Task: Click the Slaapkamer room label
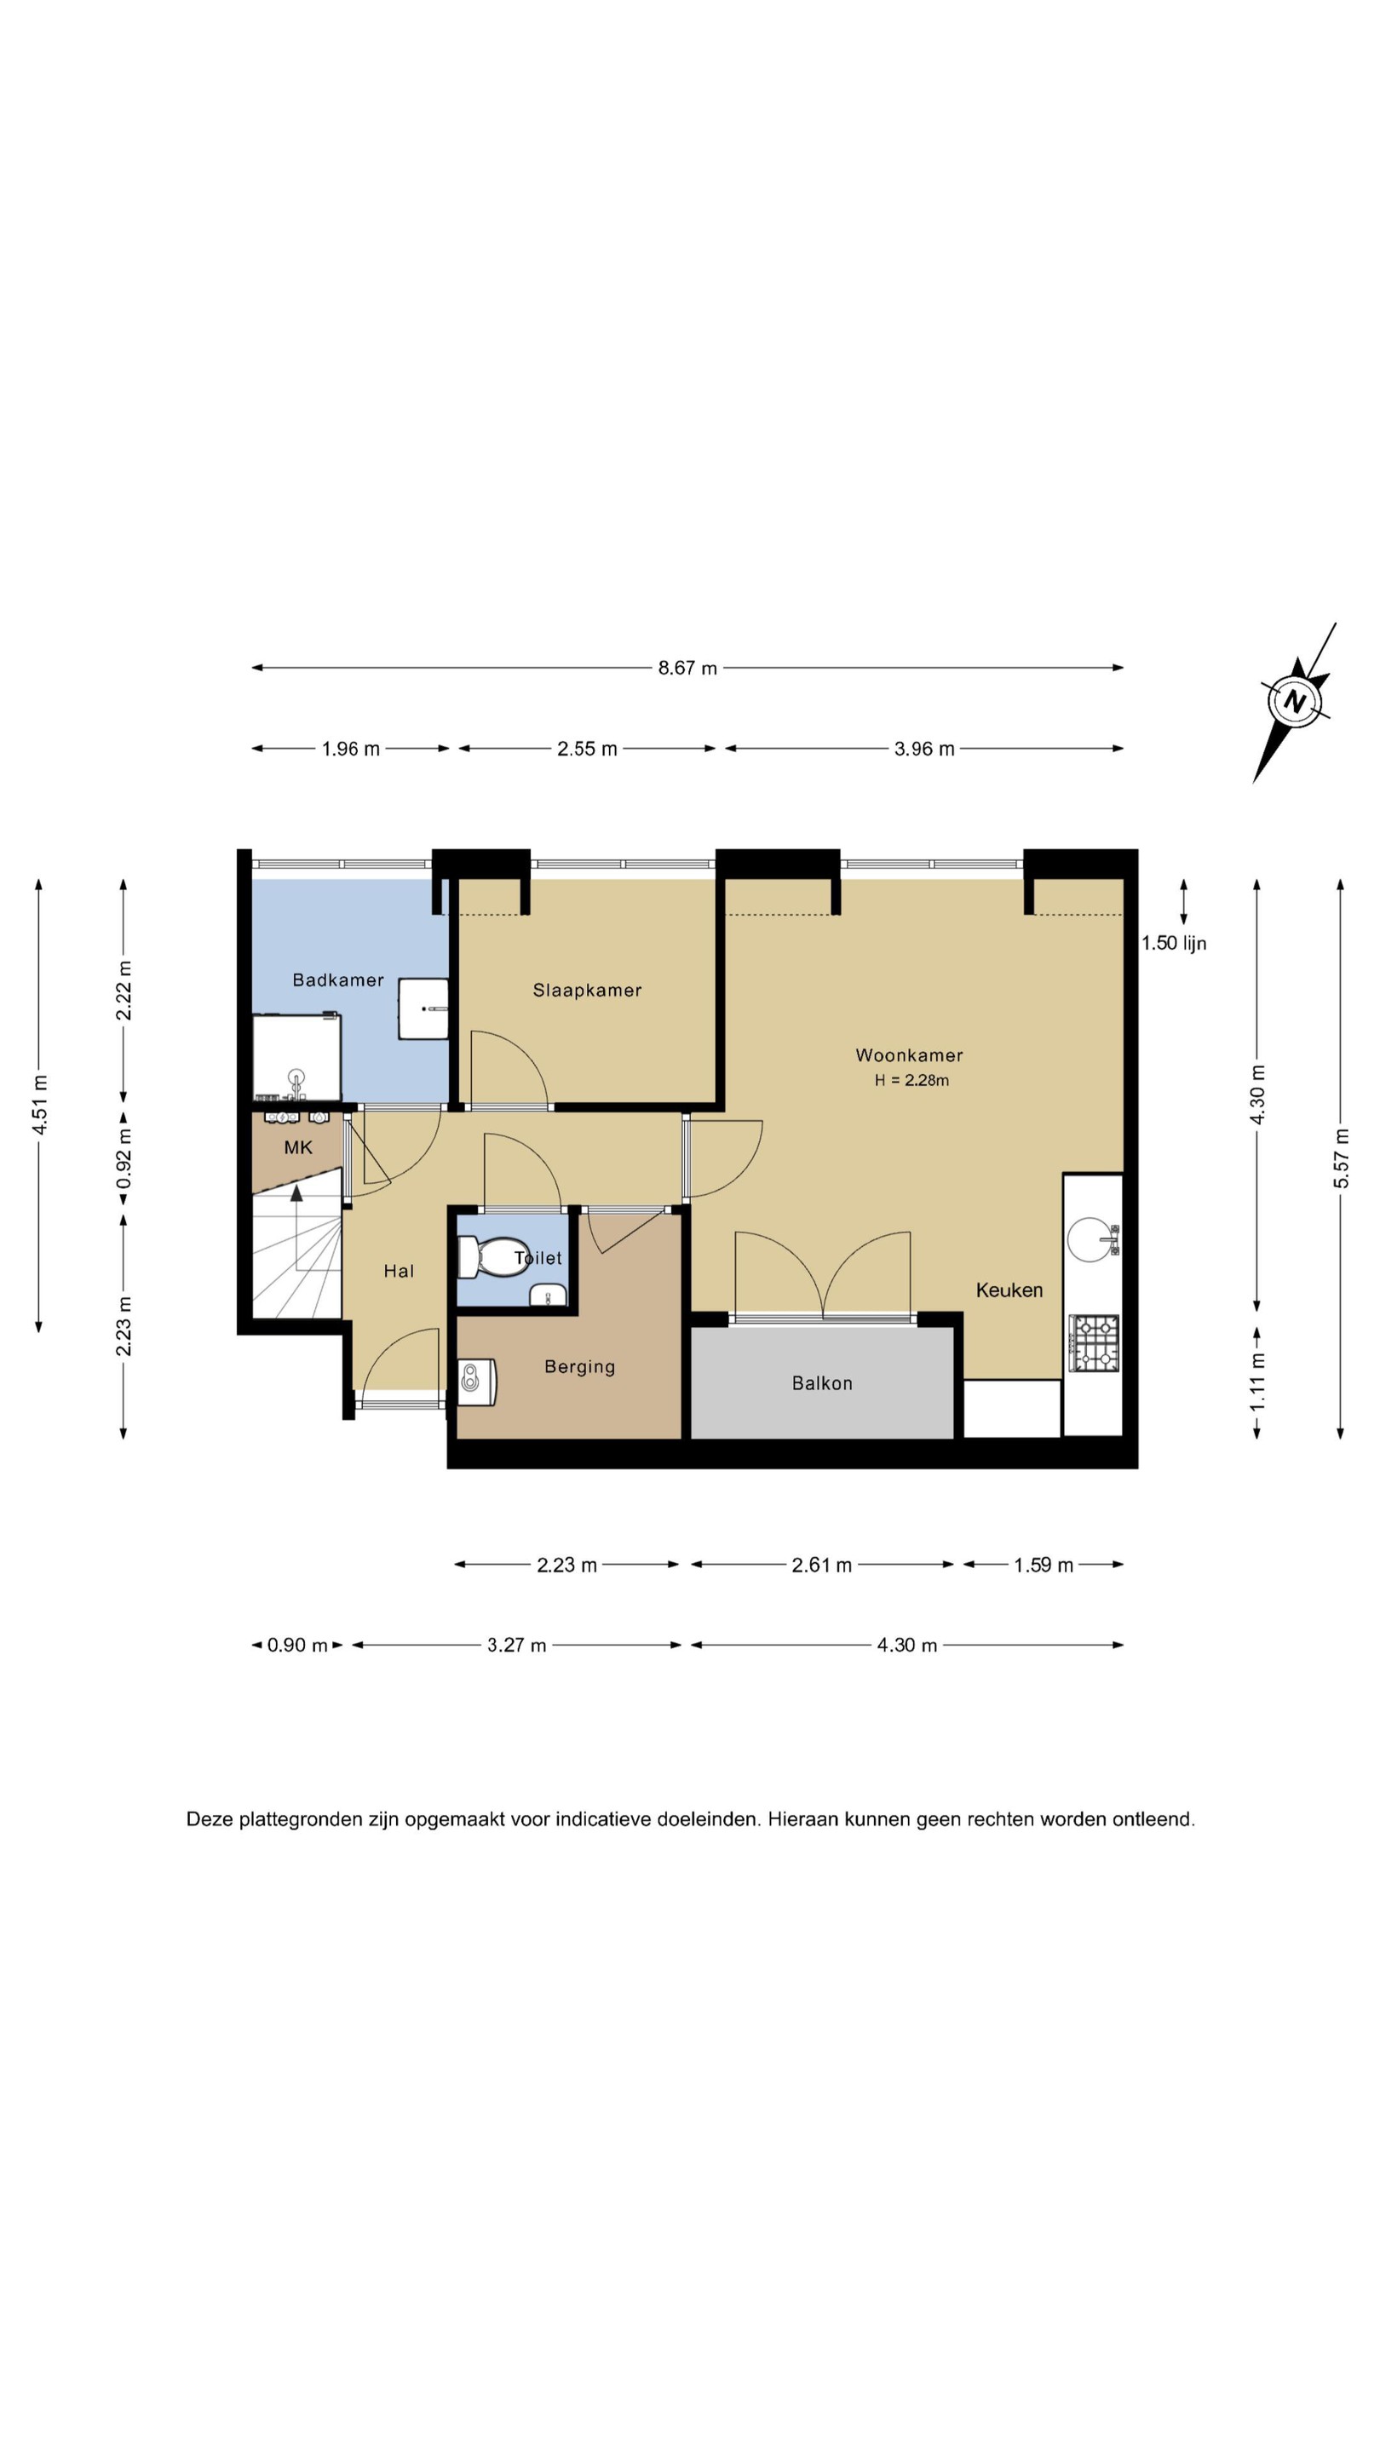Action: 587,991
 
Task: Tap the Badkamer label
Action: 338,979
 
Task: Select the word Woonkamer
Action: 909,1055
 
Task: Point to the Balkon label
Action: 822,1382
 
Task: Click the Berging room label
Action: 580,1367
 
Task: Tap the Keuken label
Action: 1009,1290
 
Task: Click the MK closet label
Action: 298,1147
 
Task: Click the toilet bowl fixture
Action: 493,1257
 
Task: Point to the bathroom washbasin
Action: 423,1008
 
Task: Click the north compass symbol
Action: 1294,703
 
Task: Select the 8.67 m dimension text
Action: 687,669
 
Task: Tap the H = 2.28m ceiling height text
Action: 911,1080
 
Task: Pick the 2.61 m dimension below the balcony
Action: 822,1565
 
